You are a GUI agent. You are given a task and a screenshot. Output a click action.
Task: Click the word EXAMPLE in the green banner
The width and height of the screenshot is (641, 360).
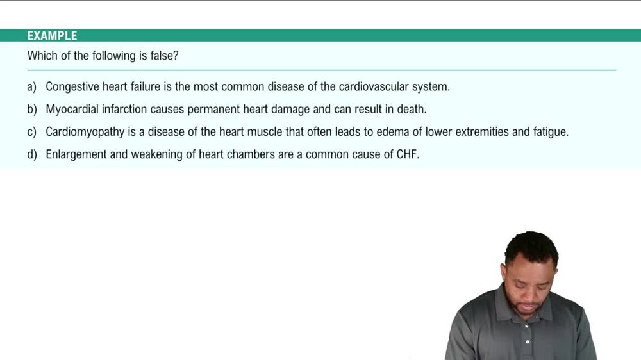[x=52, y=36]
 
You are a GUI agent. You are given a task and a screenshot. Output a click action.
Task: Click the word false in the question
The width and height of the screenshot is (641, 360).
[x=162, y=56]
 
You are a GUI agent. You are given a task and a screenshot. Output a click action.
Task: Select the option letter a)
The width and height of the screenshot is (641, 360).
[x=32, y=86]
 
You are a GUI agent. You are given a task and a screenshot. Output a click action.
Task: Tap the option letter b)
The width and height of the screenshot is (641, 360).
[x=32, y=110]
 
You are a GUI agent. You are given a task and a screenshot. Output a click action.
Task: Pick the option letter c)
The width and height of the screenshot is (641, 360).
[x=32, y=132]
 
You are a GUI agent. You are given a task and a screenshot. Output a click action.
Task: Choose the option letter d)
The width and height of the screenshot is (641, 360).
[x=32, y=154]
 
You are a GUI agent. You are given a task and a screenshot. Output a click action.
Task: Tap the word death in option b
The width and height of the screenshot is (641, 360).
[x=411, y=110]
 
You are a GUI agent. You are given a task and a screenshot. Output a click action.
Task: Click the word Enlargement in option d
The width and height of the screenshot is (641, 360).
[x=76, y=154]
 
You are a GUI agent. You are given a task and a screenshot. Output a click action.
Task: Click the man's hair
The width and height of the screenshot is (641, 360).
[x=531, y=246]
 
